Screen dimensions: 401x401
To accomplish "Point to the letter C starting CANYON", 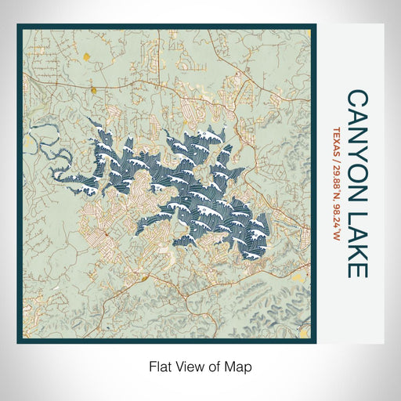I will [x=356, y=98].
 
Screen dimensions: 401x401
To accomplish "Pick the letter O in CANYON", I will [x=356, y=164].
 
